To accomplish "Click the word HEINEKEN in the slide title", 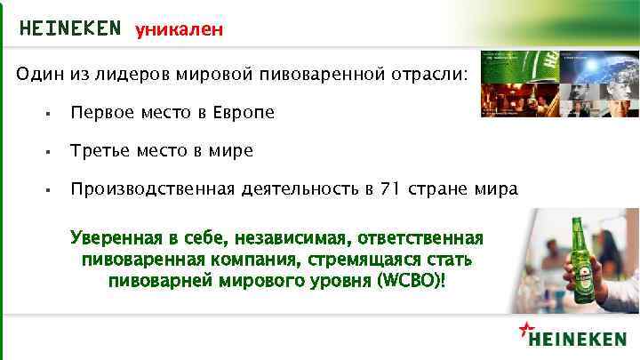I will coord(69,28).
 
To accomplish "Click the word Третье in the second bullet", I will coord(100,151).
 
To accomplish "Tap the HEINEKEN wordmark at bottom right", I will coord(579,338).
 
